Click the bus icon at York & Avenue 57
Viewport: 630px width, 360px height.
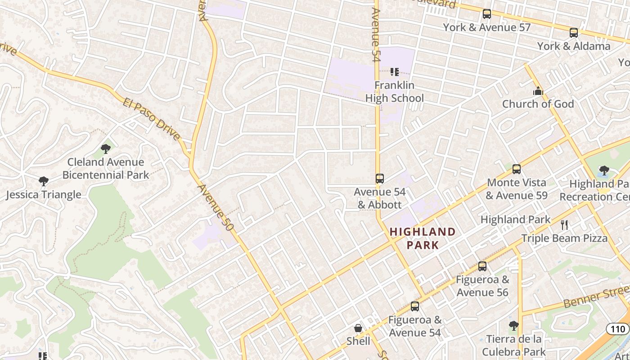pyautogui.click(x=486, y=14)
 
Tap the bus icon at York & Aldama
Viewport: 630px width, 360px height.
pyautogui.click(x=573, y=33)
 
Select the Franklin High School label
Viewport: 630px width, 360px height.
pyautogui.click(x=394, y=92)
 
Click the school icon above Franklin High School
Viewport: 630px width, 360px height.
pyautogui.click(x=395, y=72)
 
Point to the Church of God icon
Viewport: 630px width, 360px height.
pyautogui.click(x=538, y=91)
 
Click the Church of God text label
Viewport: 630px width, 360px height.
pyautogui.click(x=538, y=104)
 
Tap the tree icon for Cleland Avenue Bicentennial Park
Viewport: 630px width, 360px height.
pyautogui.click(x=106, y=148)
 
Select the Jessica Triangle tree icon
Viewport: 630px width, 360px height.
pyautogui.click(x=44, y=181)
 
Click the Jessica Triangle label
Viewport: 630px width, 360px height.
pyautogui.click(x=44, y=195)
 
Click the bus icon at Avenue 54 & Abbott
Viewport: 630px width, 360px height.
pyautogui.click(x=380, y=179)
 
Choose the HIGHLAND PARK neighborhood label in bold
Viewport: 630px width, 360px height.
pyautogui.click(x=422, y=238)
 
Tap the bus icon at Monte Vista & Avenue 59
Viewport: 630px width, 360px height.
pyautogui.click(x=517, y=169)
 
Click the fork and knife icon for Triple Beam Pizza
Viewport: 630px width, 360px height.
pyautogui.click(x=564, y=225)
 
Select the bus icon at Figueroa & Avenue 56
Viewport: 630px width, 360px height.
pyautogui.click(x=482, y=266)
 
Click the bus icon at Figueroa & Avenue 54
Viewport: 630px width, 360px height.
pyautogui.click(x=415, y=306)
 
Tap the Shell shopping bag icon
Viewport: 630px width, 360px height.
pyautogui.click(x=358, y=328)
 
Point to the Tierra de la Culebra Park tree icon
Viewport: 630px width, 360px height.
pyautogui.click(x=513, y=325)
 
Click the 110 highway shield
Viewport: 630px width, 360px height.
pyautogui.click(x=617, y=329)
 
